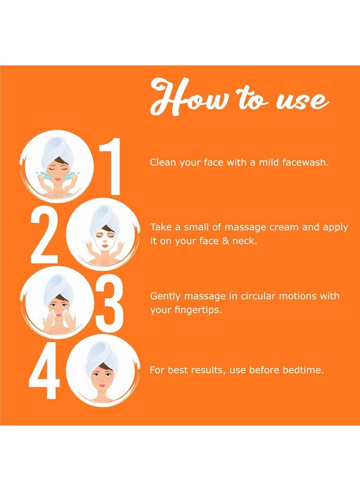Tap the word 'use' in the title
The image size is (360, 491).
coord(302,100)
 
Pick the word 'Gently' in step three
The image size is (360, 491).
coord(166,297)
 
